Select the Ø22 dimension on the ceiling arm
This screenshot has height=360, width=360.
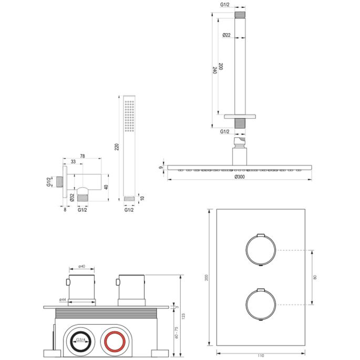[226, 35]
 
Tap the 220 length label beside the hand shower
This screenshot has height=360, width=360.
[117, 147]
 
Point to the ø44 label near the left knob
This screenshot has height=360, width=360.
[61, 300]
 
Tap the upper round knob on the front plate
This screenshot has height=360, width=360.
[260, 249]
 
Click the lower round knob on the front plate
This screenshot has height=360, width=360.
[260, 305]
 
